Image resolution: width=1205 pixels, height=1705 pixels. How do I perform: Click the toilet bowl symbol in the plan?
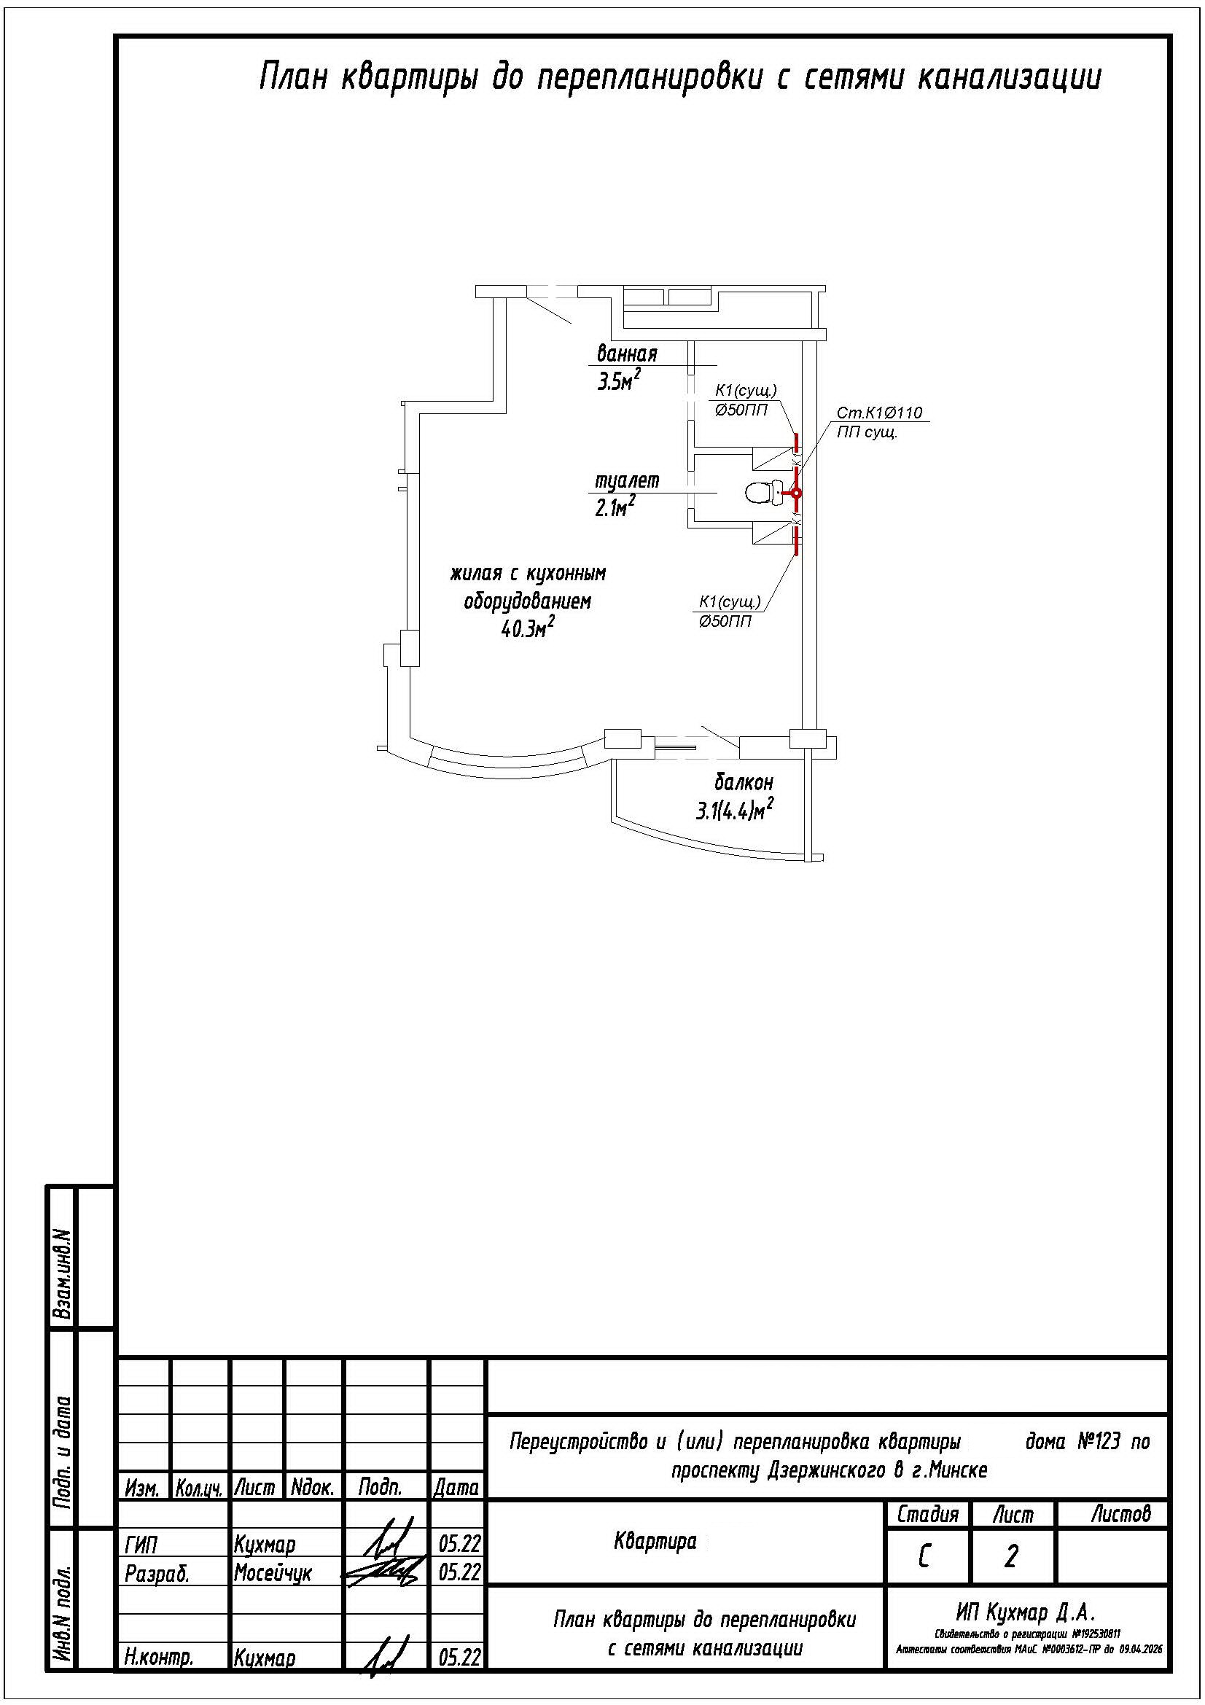pos(763,492)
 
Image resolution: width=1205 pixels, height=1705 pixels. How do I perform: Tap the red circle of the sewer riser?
pos(795,493)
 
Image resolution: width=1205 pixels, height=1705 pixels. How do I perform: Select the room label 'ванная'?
pos(627,354)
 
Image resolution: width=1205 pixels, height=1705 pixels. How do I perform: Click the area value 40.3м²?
pos(529,630)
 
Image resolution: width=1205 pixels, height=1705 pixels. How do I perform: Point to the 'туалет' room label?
pos(628,481)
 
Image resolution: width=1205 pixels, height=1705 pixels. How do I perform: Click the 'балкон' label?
pos(744,782)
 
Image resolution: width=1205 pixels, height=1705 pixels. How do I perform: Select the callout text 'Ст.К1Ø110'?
pos(879,413)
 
